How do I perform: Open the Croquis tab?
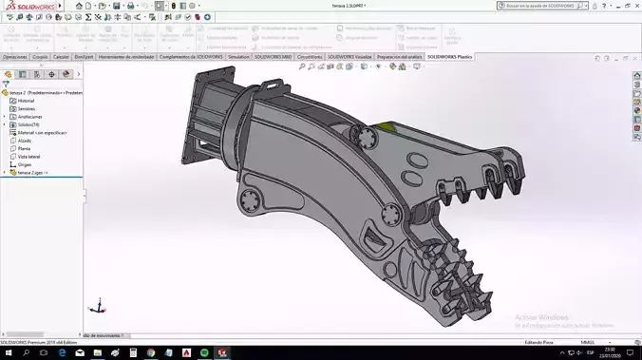40,57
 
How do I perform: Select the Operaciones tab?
14,57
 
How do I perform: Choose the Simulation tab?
238,57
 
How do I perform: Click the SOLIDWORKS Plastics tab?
449,57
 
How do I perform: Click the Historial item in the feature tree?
27,101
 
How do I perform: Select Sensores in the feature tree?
27,108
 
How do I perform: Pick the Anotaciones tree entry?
29,117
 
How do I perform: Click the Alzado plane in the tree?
26,141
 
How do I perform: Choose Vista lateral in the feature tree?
30,156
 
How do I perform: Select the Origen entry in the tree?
26,164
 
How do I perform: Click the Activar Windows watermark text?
541,317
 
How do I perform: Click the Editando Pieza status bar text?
539,342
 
